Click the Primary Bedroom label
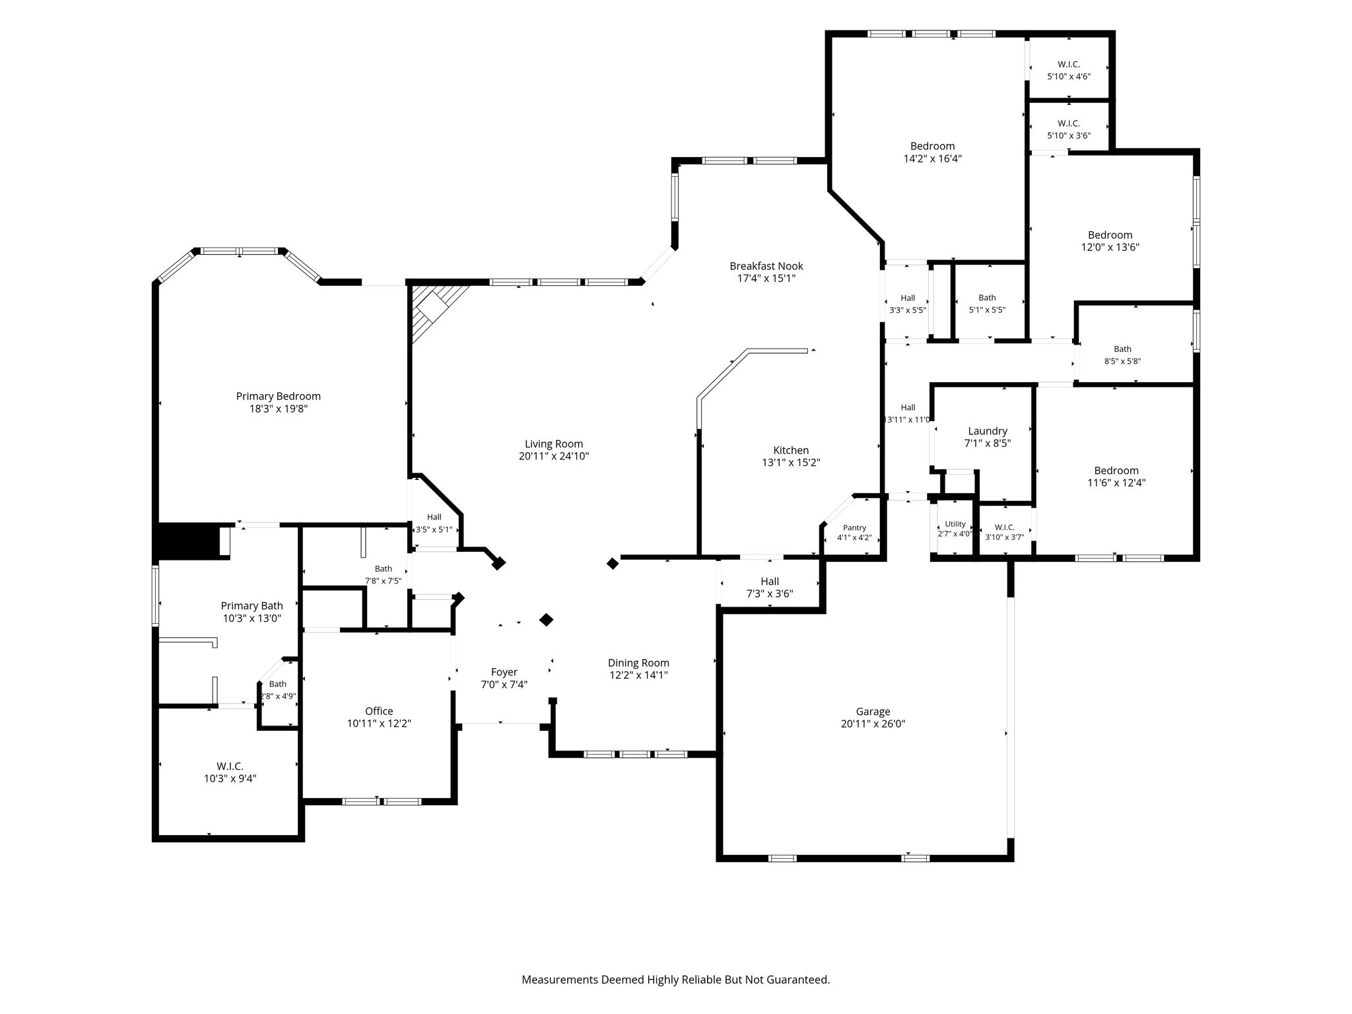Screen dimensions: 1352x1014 point(279,396)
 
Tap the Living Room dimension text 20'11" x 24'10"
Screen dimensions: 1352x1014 point(554,456)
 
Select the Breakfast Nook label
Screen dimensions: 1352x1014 point(766,266)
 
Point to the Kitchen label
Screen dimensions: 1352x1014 point(791,451)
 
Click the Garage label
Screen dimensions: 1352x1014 point(873,712)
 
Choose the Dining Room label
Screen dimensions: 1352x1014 point(638,663)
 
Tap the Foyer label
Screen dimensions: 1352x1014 point(504,673)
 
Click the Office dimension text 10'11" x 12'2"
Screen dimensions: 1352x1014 point(379,724)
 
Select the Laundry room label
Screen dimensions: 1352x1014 point(988,432)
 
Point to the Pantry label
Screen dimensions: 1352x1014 point(854,528)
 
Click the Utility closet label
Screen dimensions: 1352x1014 point(955,524)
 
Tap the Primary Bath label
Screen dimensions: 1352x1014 point(252,606)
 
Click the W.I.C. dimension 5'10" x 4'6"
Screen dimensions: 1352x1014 point(1069,77)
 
